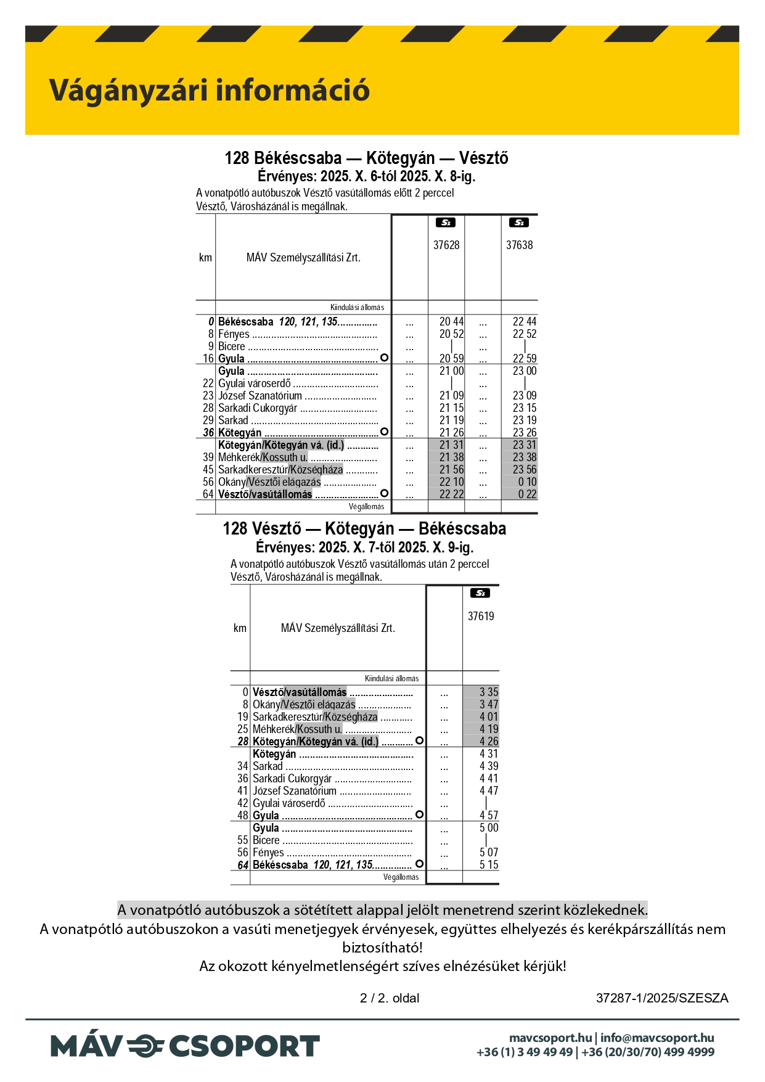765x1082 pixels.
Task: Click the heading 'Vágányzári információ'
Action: pyautogui.click(x=209, y=90)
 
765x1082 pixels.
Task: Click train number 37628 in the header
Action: pyautogui.click(x=446, y=245)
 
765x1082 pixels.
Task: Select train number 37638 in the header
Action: pyautogui.click(x=519, y=245)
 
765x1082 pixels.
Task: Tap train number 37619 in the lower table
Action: pyautogui.click(x=481, y=616)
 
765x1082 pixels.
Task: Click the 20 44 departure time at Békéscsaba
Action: pyautogui.click(x=451, y=322)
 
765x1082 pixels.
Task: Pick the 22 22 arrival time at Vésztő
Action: pyautogui.click(x=451, y=494)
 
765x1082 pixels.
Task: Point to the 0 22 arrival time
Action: pyautogui.click(x=527, y=494)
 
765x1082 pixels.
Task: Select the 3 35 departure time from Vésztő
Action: pyautogui.click(x=489, y=692)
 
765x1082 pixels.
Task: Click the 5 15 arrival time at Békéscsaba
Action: pyautogui.click(x=489, y=865)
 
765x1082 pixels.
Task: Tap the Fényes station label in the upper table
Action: pyautogui.click(x=234, y=334)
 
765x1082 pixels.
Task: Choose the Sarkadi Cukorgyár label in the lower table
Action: pyautogui.click(x=292, y=779)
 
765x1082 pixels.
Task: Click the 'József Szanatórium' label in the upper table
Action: pyautogui.click(x=260, y=396)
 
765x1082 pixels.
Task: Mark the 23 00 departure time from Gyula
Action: pyautogui.click(x=525, y=371)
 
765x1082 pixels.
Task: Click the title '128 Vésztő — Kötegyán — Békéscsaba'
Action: pyautogui.click(x=364, y=529)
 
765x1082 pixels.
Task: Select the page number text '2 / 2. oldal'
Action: pyautogui.click(x=390, y=998)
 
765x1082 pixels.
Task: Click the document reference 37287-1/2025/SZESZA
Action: pyautogui.click(x=662, y=998)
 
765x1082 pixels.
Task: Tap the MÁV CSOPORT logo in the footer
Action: pyautogui.click(x=185, y=1046)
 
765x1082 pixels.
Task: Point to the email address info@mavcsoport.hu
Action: pyautogui.click(x=657, y=1038)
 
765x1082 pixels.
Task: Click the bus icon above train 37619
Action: pyautogui.click(x=480, y=593)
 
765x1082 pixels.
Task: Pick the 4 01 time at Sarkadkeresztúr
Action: pyautogui.click(x=489, y=717)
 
